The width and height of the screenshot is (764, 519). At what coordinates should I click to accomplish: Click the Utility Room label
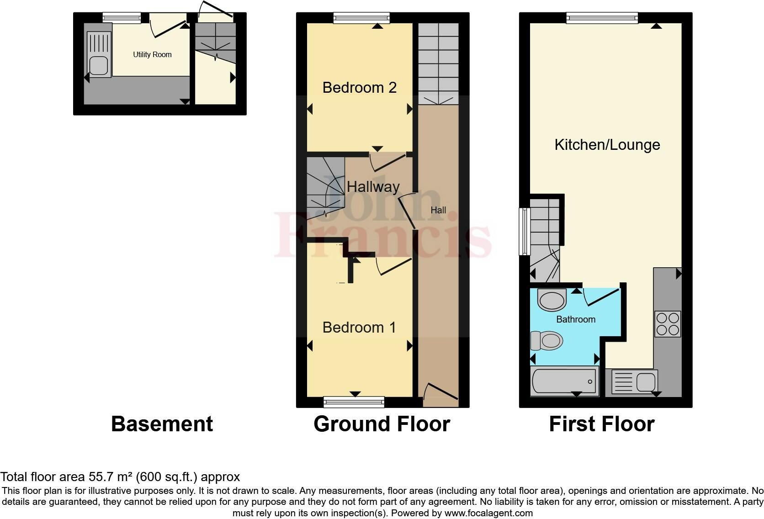click(x=152, y=54)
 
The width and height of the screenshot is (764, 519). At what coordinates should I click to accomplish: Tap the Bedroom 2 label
click(x=359, y=87)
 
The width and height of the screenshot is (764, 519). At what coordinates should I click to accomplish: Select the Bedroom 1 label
click(x=359, y=327)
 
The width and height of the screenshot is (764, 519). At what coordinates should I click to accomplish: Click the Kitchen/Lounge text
click(x=607, y=145)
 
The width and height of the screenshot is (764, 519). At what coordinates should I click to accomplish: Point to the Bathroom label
click(x=575, y=319)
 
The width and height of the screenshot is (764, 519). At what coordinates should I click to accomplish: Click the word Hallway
click(x=373, y=186)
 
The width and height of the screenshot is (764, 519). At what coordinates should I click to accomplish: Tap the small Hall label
click(x=438, y=210)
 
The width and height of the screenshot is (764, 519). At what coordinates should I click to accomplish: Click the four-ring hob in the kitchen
click(x=668, y=323)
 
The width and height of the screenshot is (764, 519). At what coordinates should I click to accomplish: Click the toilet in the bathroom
click(x=547, y=341)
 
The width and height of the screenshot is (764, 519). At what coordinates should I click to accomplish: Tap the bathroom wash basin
click(x=552, y=300)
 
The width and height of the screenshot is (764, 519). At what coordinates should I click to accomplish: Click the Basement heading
click(x=162, y=424)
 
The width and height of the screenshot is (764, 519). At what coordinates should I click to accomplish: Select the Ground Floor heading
click(x=382, y=424)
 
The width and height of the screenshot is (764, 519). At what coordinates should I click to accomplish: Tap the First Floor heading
click(x=601, y=424)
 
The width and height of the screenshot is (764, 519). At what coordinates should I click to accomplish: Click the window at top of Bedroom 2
click(x=361, y=18)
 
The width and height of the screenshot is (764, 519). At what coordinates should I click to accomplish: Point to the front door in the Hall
click(x=441, y=394)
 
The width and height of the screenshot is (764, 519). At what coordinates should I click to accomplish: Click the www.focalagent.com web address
click(x=488, y=513)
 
